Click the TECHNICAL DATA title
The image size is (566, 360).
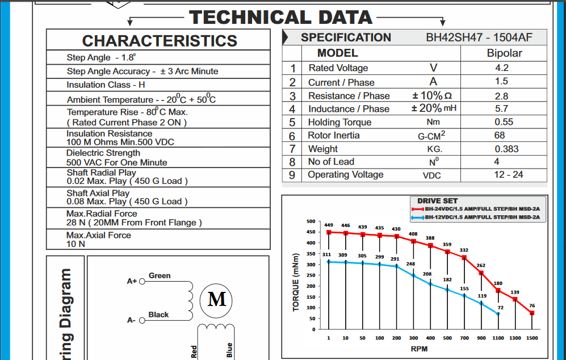pyautogui.click(x=281, y=17)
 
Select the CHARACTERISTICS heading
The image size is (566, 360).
pyautogui.click(x=160, y=41)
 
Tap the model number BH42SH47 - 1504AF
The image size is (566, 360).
pyautogui.click(x=479, y=38)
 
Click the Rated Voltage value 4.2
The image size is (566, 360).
pyautogui.click(x=501, y=68)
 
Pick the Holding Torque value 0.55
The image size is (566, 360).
pyautogui.click(x=504, y=122)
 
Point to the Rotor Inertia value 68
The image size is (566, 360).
pyautogui.click(x=500, y=135)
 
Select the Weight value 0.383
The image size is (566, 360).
pyautogui.click(x=506, y=149)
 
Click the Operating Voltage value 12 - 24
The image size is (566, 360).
pyautogui.click(x=508, y=174)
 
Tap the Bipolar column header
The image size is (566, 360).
pyautogui.click(x=504, y=53)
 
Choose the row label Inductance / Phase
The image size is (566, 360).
pyautogui.click(x=349, y=109)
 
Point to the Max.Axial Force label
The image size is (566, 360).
pyautogui.click(x=99, y=235)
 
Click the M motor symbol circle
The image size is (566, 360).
pyautogui.click(x=217, y=298)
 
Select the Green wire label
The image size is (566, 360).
pyautogui.click(x=160, y=275)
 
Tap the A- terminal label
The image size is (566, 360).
pyautogui.click(x=131, y=320)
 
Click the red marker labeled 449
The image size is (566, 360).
pyautogui.click(x=329, y=232)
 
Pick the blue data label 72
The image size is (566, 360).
pyautogui.click(x=500, y=307)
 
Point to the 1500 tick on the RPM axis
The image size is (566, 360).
pyautogui.click(x=531, y=338)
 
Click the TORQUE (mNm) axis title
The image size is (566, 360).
pyautogui.click(x=296, y=282)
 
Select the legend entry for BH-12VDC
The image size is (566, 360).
pyautogui.click(x=483, y=217)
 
